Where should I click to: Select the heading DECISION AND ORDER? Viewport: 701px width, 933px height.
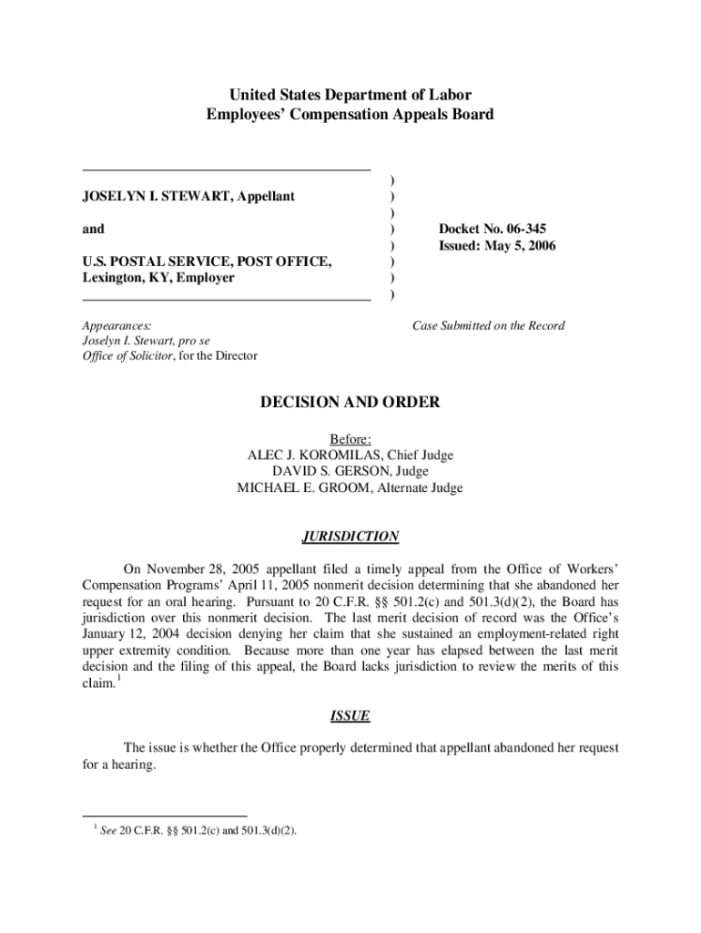(350, 403)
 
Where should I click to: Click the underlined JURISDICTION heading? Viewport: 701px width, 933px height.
(350, 537)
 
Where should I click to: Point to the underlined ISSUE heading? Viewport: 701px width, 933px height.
(350, 715)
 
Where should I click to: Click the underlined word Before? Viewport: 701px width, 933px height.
(350, 438)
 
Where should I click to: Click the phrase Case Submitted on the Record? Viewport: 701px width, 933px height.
(488, 325)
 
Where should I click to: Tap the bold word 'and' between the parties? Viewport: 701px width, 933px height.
(93, 229)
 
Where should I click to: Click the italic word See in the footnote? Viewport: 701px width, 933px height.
(107, 830)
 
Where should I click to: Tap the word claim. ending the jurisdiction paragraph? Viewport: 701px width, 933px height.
(98, 682)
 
